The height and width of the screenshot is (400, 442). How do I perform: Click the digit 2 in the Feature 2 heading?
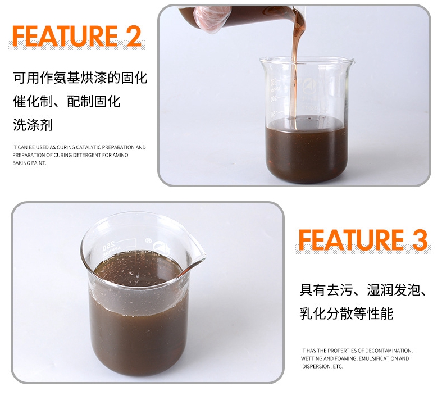(133, 36)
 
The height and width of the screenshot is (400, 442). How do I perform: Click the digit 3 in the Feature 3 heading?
(420, 239)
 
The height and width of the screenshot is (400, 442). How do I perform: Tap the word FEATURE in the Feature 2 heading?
(65, 36)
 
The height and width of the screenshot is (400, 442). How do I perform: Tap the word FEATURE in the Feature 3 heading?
(351, 239)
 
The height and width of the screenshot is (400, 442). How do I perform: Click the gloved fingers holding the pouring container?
(211, 19)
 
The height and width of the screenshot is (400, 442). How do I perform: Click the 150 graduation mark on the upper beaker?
(273, 115)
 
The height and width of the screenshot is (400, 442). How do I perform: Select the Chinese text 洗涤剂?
(33, 125)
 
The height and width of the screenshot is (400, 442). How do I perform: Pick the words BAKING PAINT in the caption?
(29, 163)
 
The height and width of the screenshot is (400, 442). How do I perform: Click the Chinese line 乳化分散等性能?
(346, 313)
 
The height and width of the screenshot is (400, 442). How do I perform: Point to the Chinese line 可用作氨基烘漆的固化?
(80, 78)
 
